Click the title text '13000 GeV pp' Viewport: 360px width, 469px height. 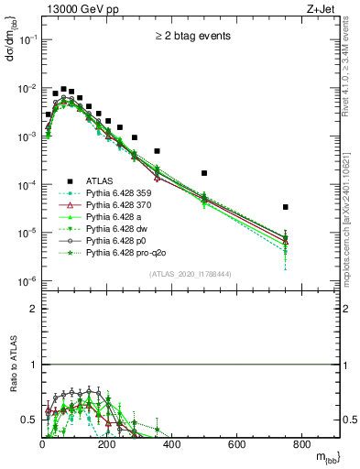pyautogui.click(x=74, y=8)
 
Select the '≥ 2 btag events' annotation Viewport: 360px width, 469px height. pyautogui.click(x=191, y=38)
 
